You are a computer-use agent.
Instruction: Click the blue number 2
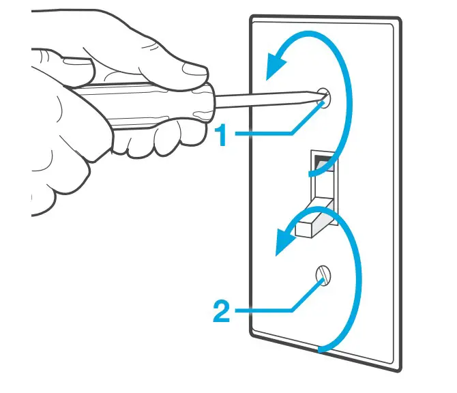click(x=220, y=312)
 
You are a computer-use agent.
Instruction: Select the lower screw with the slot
click(x=322, y=275)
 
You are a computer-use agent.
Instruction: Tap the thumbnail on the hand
click(x=193, y=68)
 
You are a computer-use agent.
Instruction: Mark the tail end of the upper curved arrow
click(x=312, y=175)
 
